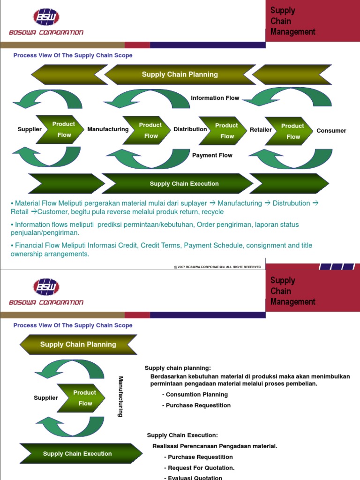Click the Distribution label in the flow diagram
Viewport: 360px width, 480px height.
point(190,129)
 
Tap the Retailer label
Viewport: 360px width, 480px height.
point(261,130)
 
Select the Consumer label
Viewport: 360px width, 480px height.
point(331,131)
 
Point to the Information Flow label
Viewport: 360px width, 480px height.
point(215,98)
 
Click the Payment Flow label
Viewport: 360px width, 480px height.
point(212,155)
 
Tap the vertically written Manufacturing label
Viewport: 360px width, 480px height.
point(120,397)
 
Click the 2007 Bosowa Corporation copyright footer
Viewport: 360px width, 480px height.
point(217,267)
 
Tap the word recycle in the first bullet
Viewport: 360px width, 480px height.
point(213,212)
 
